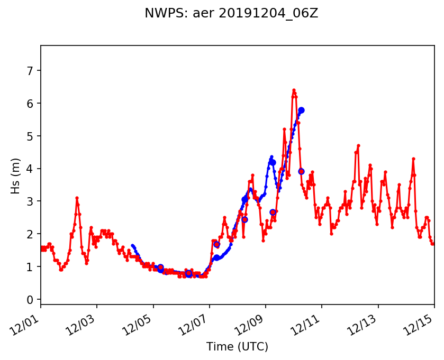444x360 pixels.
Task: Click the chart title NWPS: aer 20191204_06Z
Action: pyautogui.click(x=231, y=14)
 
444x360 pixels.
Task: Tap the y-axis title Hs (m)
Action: pyautogui.click(x=16, y=176)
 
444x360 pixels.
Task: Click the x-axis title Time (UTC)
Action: pyautogui.click(x=237, y=347)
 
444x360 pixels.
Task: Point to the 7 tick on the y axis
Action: pyautogui.click(x=31, y=70)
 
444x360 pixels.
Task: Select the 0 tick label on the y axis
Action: pyautogui.click(x=31, y=300)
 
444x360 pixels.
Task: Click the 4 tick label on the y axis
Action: pyautogui.click(x=31, y=169)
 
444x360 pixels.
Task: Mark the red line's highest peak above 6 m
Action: pyautogui.click(x=294, y=90)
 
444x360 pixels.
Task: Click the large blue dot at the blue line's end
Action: pyautogui.click(x=301, y=110)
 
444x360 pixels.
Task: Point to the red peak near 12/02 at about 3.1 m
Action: pyautogui.click(x=77, y=198)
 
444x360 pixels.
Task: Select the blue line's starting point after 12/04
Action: pyautogui.click(x=132, y=245)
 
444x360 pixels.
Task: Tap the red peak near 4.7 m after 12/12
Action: pyautogui.click(x=358, y=145)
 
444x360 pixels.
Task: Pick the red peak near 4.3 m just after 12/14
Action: pyautogui.click(x=413, y=159)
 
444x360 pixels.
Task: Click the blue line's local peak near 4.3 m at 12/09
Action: pyautogui.click(x=271, y=157)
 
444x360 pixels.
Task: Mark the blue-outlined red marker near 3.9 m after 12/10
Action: pyautogui.click(x=301, y=171)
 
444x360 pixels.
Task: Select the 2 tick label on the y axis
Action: pyautogui.click(x=31, y=234)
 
